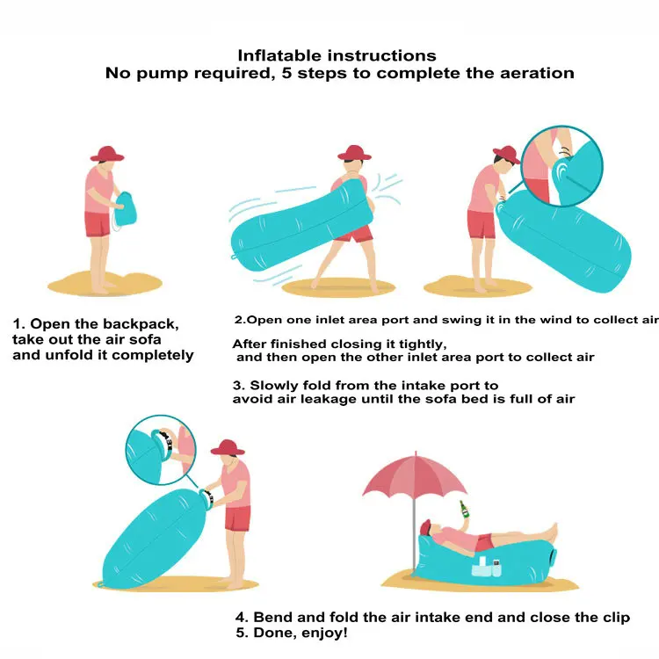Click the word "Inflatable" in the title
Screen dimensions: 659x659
pos(280,56)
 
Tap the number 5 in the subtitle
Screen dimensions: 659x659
pos(286,73)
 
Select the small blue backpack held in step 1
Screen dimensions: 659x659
pos(125,209)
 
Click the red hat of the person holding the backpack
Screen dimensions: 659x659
pos(107,154)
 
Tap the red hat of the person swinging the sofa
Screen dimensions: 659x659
pos(354,153)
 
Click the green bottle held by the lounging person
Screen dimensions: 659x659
pos(464,510)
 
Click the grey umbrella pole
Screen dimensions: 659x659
pos(415,533)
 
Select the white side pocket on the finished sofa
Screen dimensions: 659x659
pos(487,567)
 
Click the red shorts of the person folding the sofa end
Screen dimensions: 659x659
pos(237,518)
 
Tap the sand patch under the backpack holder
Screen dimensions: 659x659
pos(105,284)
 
